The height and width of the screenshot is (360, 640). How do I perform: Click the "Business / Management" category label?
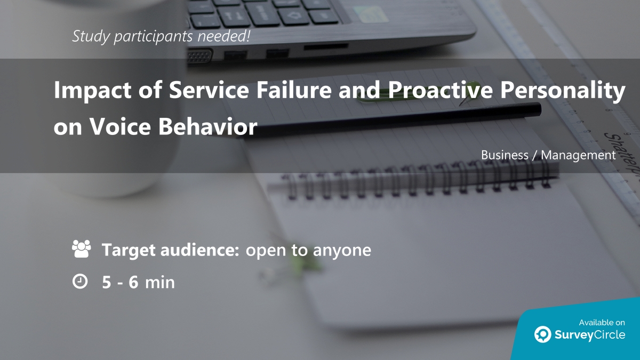548,155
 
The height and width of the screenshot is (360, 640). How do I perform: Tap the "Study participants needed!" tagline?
161,36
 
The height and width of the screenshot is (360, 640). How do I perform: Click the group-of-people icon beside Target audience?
81,250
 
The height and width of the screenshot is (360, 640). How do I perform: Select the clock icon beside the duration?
79,282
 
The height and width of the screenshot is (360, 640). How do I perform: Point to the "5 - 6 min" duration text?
138,282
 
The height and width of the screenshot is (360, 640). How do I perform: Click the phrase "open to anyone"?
308,250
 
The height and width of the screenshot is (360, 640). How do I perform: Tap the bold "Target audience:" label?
170,250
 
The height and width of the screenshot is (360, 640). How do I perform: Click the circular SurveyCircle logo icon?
543,334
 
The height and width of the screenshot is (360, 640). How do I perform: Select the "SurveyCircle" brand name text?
590,335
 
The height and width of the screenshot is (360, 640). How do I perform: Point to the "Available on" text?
602,322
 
